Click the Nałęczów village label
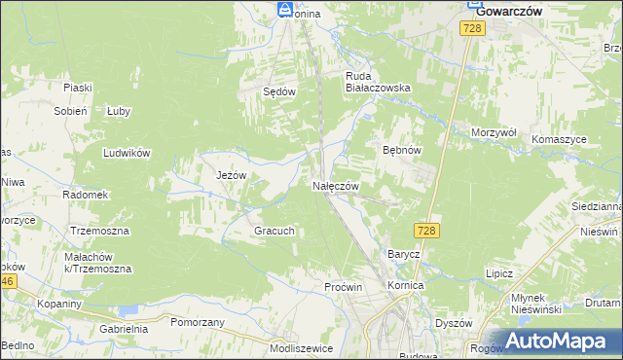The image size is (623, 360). pos(336,186)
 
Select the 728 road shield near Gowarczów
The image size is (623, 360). pos(472,30)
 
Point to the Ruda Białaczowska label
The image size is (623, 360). pos(379,80)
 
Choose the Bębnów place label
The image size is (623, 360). pos(401,151)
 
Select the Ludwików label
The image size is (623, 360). pos(127,153)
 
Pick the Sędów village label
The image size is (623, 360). pos(279,90)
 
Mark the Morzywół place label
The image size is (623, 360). pos(493,132)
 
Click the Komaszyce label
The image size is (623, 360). pos(559,139)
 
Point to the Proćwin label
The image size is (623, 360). pos(344,287)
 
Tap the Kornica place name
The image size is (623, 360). pos(405,286)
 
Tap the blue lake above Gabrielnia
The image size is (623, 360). pos(128,311)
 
